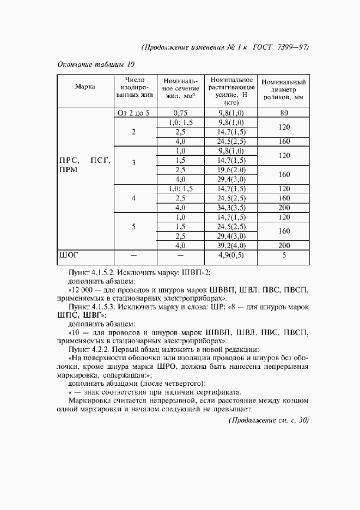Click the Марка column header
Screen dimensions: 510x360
[85, 87]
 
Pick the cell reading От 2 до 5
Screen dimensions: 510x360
[133, 113]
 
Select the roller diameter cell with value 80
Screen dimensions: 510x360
[283, 113]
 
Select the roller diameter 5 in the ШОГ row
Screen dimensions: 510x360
[283, 254]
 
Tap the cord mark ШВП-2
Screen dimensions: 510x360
[197, 272]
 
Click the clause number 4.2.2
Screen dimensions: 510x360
[100, 348]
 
